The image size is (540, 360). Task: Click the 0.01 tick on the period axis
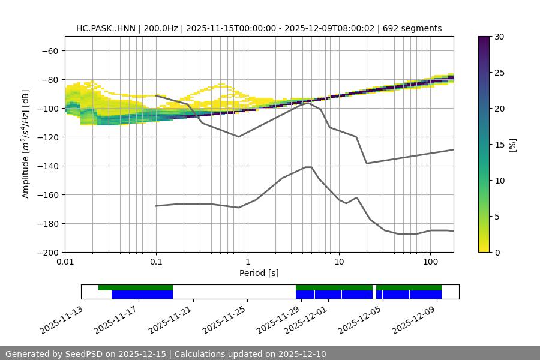point(65,262)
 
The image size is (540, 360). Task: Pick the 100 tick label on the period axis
point(430,262)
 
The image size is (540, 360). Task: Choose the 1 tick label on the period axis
point(247,262)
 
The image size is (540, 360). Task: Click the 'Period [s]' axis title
point(259,273)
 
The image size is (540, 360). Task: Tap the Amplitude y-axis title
point(26,144)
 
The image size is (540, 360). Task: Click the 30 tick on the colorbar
point(499,37)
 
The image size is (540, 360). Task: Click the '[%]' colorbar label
point(512,145)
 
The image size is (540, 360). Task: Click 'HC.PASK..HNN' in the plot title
point(106,28)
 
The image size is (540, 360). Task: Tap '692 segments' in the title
point(413,28)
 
